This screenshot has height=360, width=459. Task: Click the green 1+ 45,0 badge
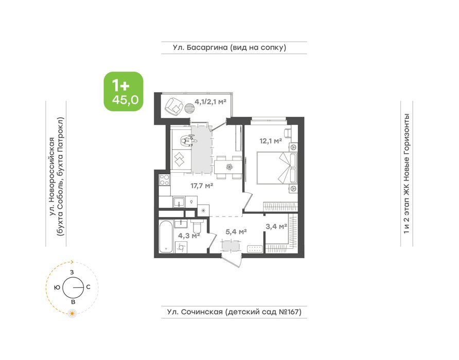(123, 92)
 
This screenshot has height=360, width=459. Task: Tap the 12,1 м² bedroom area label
(271, 141)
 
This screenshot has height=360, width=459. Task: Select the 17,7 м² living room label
(201, 186)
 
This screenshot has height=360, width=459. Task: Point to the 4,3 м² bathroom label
(189, 235)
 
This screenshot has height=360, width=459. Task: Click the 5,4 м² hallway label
(236, 232)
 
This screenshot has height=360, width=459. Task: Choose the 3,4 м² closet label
(276, 226)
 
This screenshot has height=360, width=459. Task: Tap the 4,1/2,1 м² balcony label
(211, 102)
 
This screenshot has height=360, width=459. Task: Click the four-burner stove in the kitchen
(165, 179)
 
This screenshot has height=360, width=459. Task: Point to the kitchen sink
(178, 202)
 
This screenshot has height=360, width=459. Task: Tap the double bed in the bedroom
(277, 168)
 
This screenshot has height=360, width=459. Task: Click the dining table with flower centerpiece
(228, 168)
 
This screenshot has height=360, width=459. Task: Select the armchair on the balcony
(174, 106)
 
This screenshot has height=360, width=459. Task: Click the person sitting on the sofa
(188, 140)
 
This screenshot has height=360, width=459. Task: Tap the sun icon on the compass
(72, 314)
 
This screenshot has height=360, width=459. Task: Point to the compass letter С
(88, 287)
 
